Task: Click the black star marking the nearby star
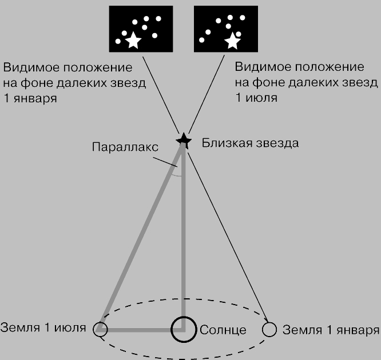[184, 141]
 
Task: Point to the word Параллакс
[125, 147]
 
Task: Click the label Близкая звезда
[250, 143]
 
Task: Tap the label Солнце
[223, 330]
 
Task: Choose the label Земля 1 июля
[43, 327]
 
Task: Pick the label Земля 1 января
[331, 330]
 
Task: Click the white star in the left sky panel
[133, 41]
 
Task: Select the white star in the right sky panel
[232, 41]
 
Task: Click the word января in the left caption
[35, 99]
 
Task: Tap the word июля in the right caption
[261, 98]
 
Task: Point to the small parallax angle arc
[176, 175]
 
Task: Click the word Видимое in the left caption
[31, 67]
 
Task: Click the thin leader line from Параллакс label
[165, 162]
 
